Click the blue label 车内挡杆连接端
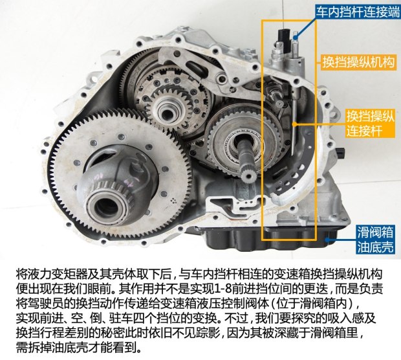click(x=357, y=12)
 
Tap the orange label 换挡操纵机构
click(x=358, y=62)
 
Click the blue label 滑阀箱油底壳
click(x=375, y=240)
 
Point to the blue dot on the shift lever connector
click(x=296, y=38)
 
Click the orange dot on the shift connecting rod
click(x=295, y=124)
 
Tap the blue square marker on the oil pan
click(x=327, y=240)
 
